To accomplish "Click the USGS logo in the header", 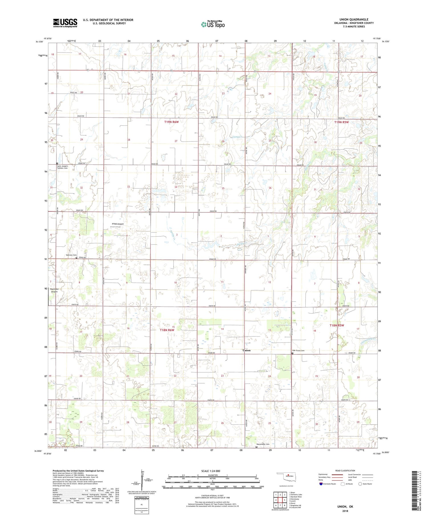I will [x=65, y=23].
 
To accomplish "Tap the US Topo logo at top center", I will [x=213, y=25].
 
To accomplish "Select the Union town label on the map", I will [x=246, y=350].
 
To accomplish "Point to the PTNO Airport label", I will [x=118, y=224].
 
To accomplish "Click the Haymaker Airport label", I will [x=54, y=290].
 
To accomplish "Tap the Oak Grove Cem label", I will [x=298, y=350].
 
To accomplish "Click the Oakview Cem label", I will [x=71, y=255].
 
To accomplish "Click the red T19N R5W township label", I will [x=341, y=122].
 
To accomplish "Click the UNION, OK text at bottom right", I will [x=345, y=506].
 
